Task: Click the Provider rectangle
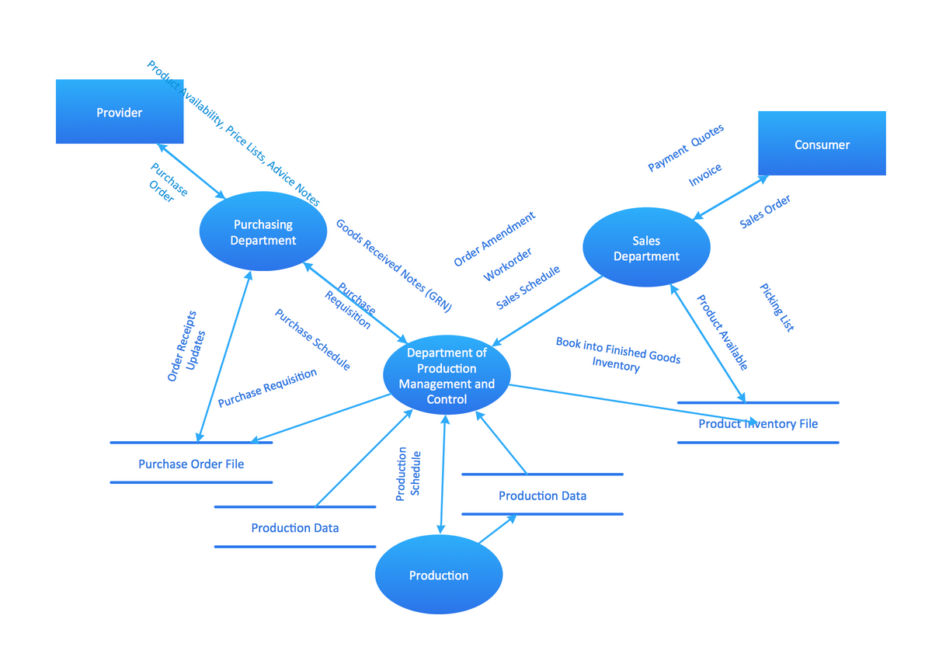pos(120,112)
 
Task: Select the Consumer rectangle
pos(822,144)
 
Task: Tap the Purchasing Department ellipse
pos(263,232)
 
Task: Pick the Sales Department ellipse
pos(646,248)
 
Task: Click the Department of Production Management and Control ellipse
pos(447,377)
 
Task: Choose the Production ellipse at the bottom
pos(439,575)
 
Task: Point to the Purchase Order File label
pos(191,464)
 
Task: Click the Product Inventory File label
pos(758,424)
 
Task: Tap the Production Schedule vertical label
pos(408,474)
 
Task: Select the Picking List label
pos(777,308)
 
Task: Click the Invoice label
pos(705,175)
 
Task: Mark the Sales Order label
pos(765,211)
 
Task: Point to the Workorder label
pos(508,265)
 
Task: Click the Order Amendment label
pos(495,239)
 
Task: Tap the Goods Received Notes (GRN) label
pos(393,266)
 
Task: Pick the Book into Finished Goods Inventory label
pos(617,353)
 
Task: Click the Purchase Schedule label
pos(312,339)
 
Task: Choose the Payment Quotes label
pos(686,148)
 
